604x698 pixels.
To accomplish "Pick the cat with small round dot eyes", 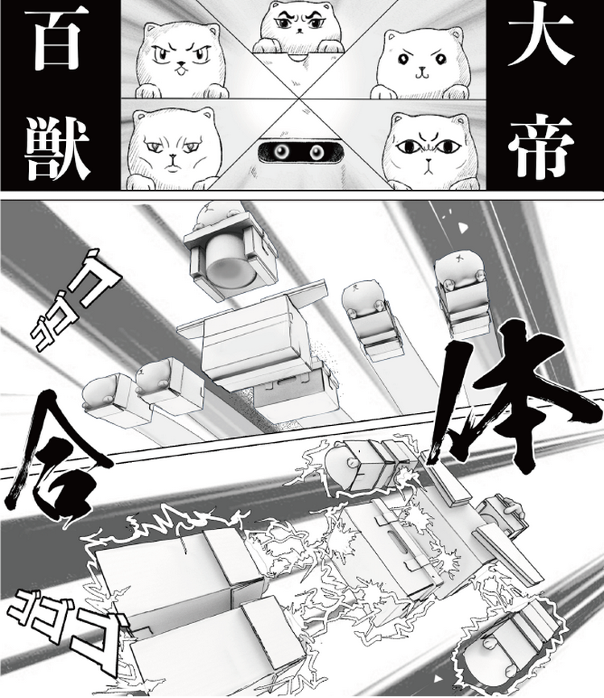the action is click(x=422, y=62).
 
